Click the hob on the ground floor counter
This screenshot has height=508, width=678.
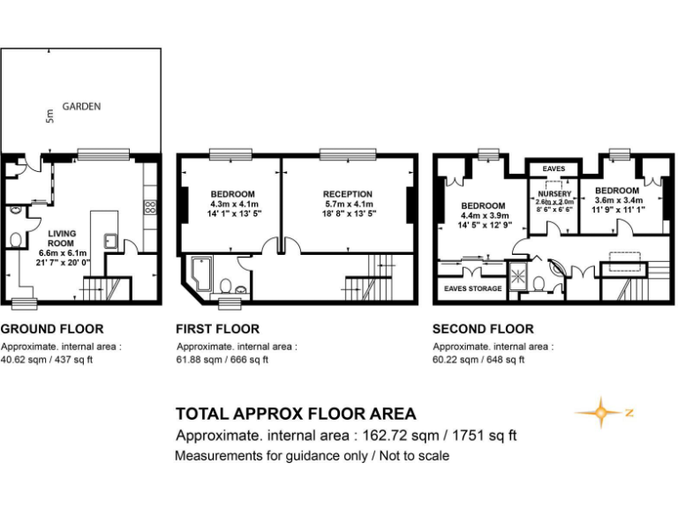(150, 208)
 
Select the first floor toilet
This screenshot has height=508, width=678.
(226, 285)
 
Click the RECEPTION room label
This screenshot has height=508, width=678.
(347, 194)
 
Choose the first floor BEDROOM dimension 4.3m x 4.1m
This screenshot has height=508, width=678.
(232, 204)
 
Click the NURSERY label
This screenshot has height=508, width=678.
(554, 194)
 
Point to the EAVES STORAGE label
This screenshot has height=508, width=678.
(472, 288)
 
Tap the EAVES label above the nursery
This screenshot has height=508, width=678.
(554, 168)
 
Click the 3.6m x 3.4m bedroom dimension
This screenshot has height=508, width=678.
(616, 201)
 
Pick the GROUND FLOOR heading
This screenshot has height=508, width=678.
(51, 329)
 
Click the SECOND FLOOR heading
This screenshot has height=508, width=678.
(483, 329)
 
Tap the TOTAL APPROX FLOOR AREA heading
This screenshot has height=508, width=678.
(296, 414)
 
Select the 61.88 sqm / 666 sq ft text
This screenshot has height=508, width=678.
(222, 359)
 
